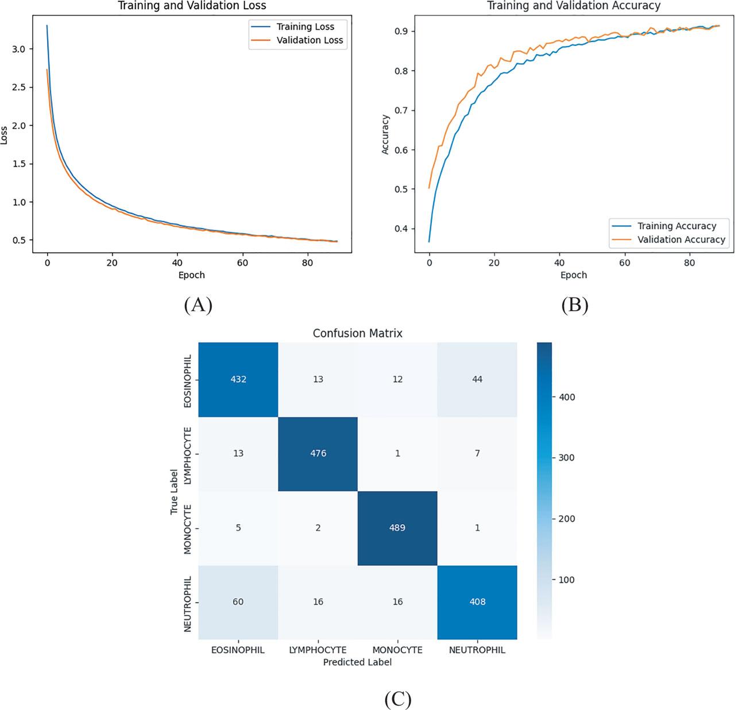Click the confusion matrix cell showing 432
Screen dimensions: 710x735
[238, 379]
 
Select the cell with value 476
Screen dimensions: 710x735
[318, 453]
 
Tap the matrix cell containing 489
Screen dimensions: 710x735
[397, 527]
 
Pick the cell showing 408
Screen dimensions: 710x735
[477, 601]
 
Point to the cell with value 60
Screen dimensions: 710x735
[238, 601]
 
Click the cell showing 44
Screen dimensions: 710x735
[477, 379]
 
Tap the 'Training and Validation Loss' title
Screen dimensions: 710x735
[192, 6]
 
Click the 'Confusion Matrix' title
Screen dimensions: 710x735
[357, 333]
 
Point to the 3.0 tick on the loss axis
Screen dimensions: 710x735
[19, 49]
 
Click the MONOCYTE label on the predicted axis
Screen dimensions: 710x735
[397, 650]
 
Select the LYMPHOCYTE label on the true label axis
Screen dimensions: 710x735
[188, 454]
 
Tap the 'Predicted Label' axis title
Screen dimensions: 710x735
[357, 662]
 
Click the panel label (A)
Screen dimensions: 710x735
[198, 305]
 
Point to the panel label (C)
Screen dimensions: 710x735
[397, 699]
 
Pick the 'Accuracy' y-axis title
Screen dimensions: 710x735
[386, 134]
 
